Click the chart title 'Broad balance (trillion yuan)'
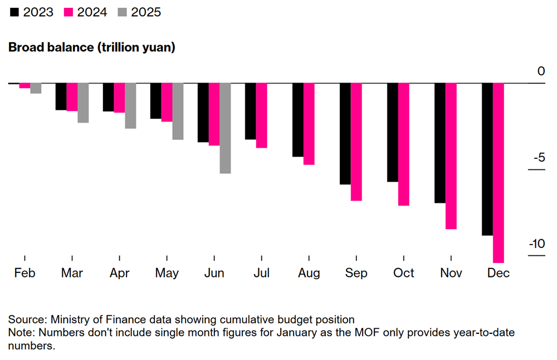tap(92, 47)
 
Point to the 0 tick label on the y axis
tap(541, 71)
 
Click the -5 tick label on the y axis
tap(538, 158)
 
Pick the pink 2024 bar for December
tap(499, 173)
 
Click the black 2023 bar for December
tap(487, 159)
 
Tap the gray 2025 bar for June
tap(226, 128)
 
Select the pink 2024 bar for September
tap(356, 142)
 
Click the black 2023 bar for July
tap(251, 111)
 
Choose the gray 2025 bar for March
tap(83, 103)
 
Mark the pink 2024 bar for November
tap(451, 156)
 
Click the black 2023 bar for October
tap(393, 133)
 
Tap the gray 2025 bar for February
tap(36, 89)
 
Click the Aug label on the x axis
tap(309, 273)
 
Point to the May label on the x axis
tap(167, 274)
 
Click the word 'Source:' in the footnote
tap(27, 319)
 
